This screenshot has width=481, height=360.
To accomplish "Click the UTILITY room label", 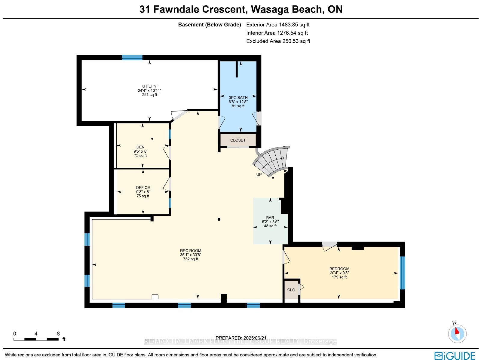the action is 149,86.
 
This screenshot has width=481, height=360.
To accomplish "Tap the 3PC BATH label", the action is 238,98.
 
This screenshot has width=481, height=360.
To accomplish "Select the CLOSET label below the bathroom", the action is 238,140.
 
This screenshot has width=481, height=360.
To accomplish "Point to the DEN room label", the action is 140,147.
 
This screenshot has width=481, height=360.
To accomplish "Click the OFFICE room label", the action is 143,188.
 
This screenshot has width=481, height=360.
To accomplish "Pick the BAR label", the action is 270,218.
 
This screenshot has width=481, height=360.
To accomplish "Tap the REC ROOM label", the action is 190,251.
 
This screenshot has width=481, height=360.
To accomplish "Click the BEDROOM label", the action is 339,269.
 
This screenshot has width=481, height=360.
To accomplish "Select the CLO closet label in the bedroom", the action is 291,290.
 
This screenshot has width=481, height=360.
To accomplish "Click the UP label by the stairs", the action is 259,175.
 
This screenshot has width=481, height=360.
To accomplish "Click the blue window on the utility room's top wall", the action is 132,58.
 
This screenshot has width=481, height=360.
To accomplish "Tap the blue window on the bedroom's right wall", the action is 402,273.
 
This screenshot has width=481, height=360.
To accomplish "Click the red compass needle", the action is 457,331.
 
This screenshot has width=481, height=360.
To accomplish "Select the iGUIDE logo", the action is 455,355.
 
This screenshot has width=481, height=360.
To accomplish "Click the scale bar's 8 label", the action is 58,334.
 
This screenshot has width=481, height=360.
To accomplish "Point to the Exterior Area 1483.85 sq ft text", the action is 278,25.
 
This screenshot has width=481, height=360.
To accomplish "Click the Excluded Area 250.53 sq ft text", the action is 278,41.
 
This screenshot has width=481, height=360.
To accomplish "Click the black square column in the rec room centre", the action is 219,219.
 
